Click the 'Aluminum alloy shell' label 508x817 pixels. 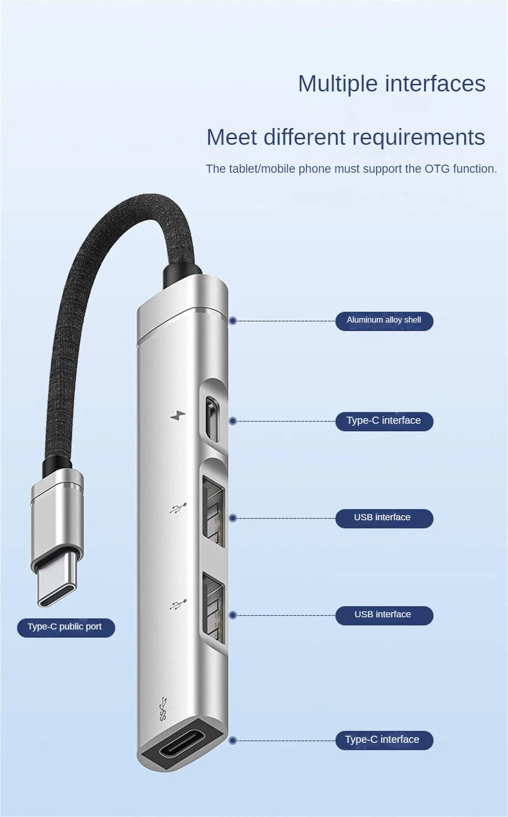point(384,321)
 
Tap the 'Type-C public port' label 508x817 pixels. point(66,627)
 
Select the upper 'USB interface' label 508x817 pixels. point(384,518)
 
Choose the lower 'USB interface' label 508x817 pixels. point(384,615)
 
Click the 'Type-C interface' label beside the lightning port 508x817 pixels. point(384,421)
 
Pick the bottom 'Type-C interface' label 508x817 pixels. point(384,740)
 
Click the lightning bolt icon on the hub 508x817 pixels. point(178,416)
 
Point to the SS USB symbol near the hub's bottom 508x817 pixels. point(163,709)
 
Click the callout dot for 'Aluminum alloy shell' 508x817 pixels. point(233,321)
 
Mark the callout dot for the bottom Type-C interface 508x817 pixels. point(233,741)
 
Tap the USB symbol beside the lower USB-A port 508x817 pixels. point(178,604)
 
